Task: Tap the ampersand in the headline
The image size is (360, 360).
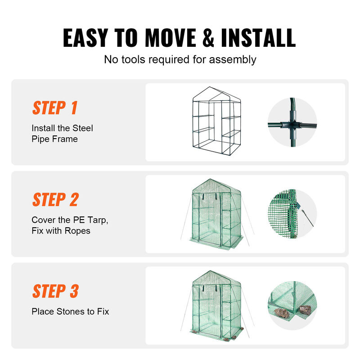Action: (x=207, y=38)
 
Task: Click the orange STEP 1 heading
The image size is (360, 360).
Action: (x=54, y=108)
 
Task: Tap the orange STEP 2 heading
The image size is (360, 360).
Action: (x=55, y=199)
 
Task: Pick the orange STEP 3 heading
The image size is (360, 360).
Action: (x=55, y=291)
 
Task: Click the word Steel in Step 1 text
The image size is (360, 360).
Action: (x=81, y=128)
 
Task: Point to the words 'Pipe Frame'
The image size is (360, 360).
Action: (x=54, y=139)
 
